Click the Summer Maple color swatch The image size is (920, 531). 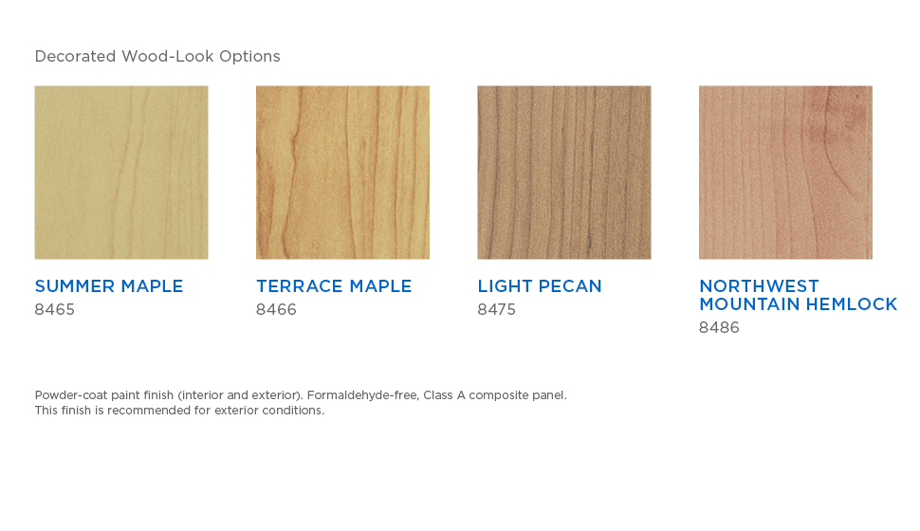click(x=121, y=173)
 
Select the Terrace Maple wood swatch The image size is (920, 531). click(x=342, y=173)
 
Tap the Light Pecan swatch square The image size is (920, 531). click(x=563, y=173)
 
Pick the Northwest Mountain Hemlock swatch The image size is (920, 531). click(x=785, y=173)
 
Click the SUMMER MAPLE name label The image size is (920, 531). click(x=109, y=286)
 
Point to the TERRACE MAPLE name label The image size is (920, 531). click(x=334, y=286)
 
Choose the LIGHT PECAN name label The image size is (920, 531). click(x=540, y=286)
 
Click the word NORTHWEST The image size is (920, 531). click(x=759, y=286)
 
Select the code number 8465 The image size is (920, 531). click(x=55, y=310)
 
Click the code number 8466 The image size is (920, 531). click(x=276, y=310)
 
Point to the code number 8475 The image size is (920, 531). click(x=496, y=310)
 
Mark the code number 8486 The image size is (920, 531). click(x=719, y=328)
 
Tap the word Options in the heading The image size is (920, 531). click(x=250, y=57)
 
